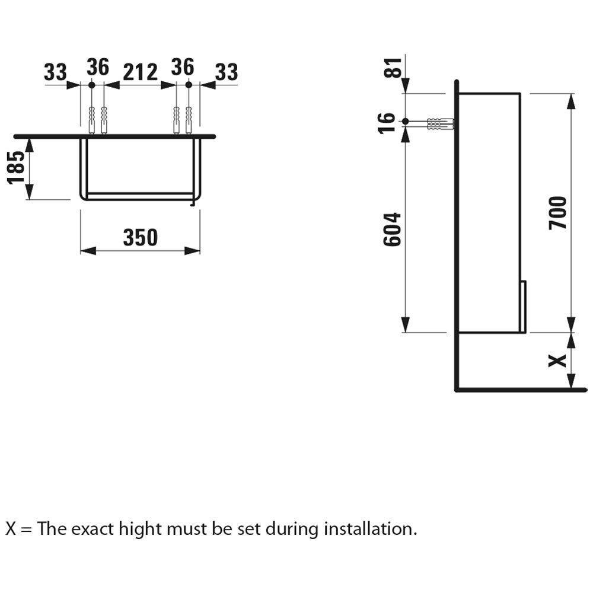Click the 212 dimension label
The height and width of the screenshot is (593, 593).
point(140,72)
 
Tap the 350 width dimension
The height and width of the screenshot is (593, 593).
point(141,237)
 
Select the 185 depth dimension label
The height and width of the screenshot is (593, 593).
point(17,168)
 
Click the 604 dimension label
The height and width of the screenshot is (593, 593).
point(393,229)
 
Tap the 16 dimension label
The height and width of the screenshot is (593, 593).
point(387,122)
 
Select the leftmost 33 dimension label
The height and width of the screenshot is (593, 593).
point(55,72)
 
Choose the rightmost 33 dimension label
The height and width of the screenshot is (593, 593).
point(225,72)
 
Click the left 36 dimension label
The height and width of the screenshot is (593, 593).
point(98,68)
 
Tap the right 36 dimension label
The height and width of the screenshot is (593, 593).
point(182,68)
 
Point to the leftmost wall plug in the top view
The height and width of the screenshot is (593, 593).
point(91,118)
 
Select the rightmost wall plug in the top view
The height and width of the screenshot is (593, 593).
point(189,118)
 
